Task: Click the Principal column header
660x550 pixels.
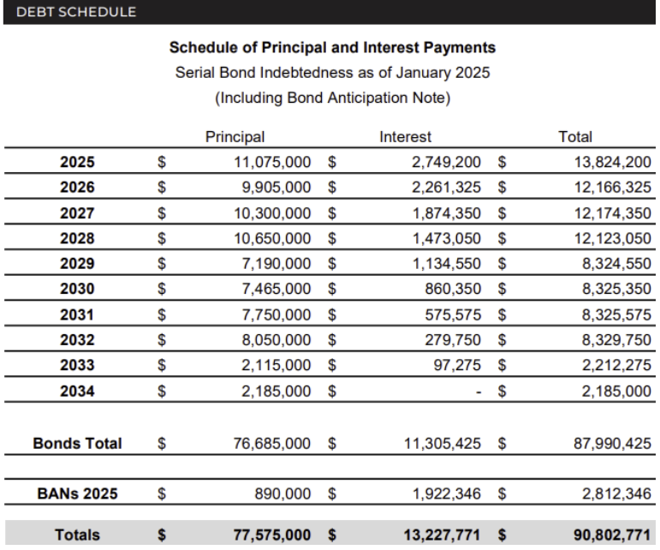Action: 235,135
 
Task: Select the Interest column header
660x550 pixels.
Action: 405,135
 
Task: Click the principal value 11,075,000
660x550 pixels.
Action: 277,160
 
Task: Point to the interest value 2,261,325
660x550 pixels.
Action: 442,185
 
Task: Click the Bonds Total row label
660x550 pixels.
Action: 77,444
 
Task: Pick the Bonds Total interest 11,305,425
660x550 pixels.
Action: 438,444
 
